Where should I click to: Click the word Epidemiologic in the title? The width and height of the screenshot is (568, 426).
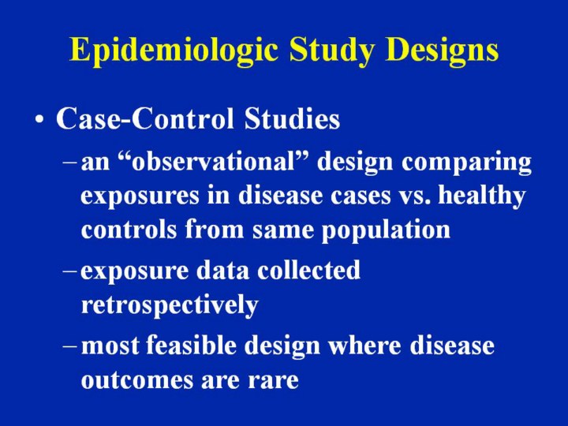pyautogui.click(x=174, y=50)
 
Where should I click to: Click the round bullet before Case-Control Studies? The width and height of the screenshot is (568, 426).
pyautogui.click(x=39, y=121)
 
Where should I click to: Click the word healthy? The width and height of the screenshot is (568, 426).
pyautogui.click(x=487, y=196)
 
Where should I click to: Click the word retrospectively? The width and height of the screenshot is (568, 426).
pyautogui.click(x=169, y=306)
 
